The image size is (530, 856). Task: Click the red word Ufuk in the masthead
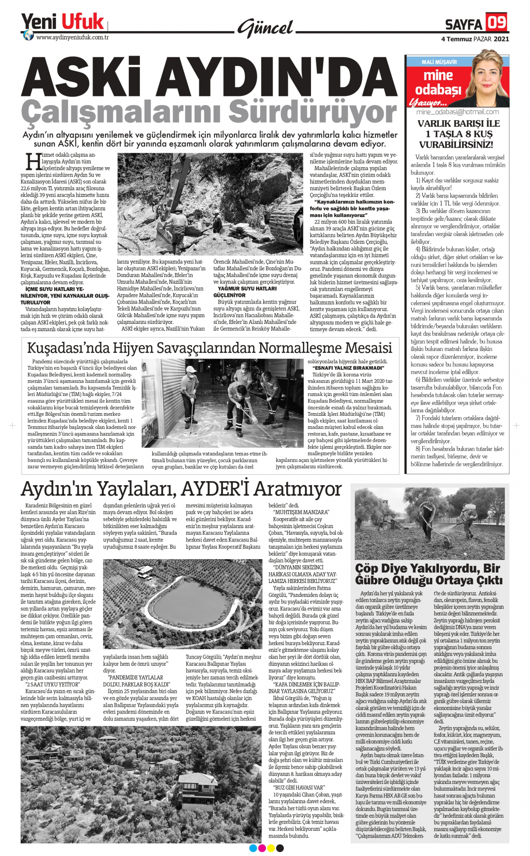click(x=82, y=22)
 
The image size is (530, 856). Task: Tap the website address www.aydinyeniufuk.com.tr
click(x=73, y=37)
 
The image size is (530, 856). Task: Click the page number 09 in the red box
click(x=497, y=22)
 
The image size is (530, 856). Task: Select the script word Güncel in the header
click(x=266, y=28)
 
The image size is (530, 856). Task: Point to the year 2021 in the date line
click(x=501, y=39)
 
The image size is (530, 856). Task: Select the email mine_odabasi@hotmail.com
click(x=457, y=112)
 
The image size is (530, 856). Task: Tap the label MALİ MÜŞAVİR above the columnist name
click(x=439, y=62)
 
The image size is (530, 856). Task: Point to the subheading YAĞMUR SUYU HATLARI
click(x=247, y=288)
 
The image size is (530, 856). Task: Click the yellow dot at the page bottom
click(x=271, y=848)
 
